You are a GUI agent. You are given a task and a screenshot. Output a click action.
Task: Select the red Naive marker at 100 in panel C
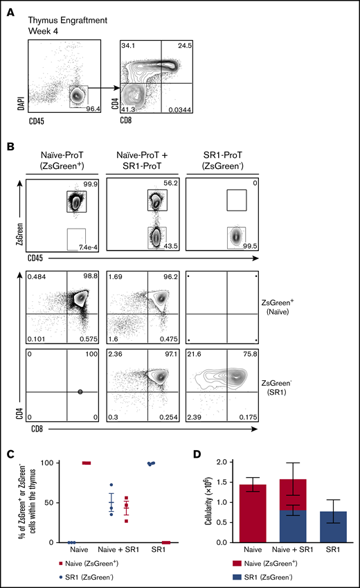pyautogui.click(x=87, y=463)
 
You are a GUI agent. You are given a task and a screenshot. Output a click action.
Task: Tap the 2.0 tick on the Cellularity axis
pyautogui.click(x=224, y=462)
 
